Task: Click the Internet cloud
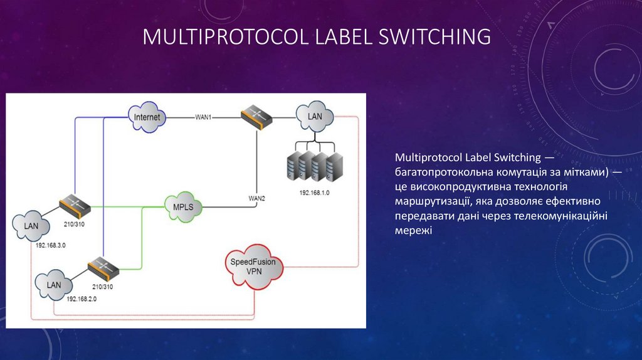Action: [146, 117]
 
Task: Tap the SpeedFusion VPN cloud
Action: [253, 266]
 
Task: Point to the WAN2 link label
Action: [257, 198]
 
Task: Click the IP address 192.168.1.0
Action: [315, 191]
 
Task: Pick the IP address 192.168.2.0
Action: [81, 299]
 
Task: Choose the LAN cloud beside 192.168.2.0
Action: [54, 285]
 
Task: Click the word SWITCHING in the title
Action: [433, 37]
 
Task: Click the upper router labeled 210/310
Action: [75, 204]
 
